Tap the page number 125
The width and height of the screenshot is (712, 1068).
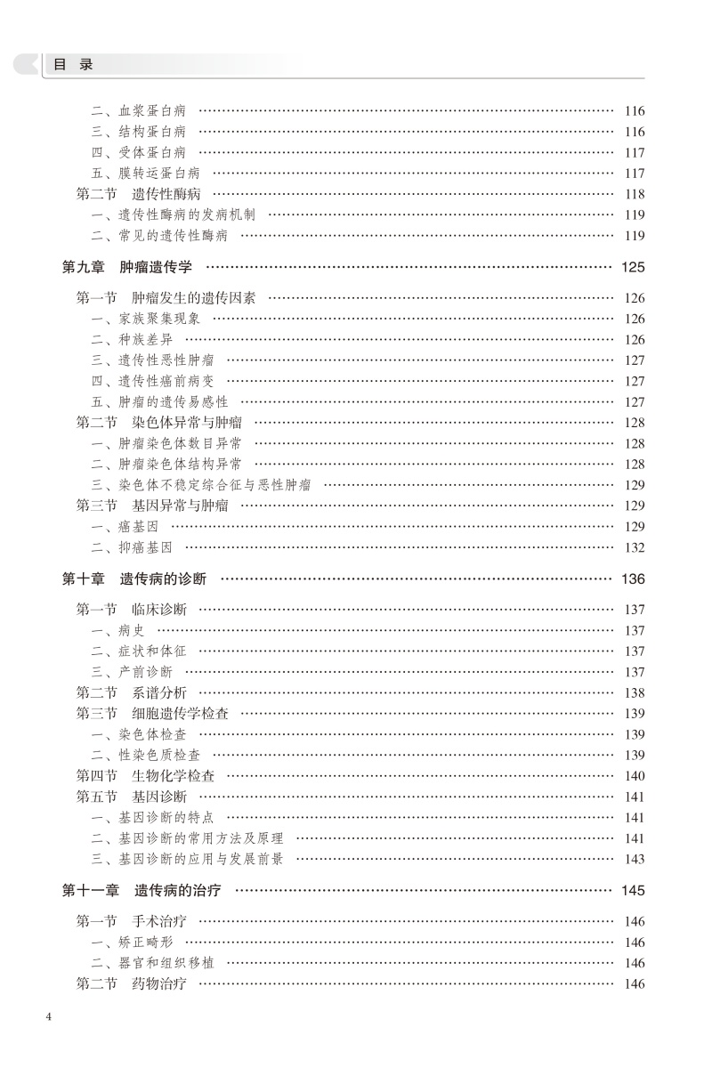click(633, 267)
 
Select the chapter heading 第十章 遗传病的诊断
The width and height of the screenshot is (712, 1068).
click(133, 578)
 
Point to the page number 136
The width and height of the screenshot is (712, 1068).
click(633, 578)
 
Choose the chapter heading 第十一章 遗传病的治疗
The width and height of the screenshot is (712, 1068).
click(142, 890)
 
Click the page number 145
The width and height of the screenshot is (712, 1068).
click(633, 890)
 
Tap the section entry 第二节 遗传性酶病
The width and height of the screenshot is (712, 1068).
click(138, 194)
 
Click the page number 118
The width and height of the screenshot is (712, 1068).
click(635, 194)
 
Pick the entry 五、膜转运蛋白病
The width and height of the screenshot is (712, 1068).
click(145, 174)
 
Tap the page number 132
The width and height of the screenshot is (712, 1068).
click(635, 547)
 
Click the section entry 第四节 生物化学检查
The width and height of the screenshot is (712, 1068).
click(145, 776)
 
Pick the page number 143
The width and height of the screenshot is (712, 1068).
click(635, 859)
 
